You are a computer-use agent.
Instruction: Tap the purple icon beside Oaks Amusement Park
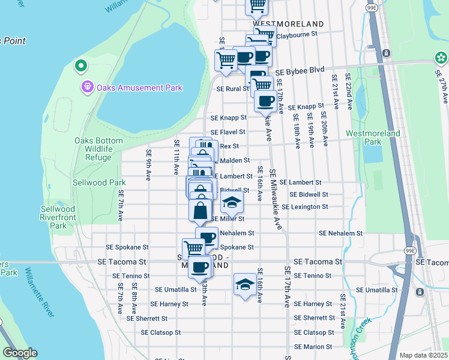point(88,88)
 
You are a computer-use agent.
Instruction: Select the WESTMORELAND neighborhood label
point(288,24)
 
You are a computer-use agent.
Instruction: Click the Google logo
point(19,353)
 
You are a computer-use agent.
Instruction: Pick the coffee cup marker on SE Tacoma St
point(199,266)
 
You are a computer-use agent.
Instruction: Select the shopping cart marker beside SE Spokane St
point(193,247)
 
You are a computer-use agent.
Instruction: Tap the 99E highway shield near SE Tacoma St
point(409,250)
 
